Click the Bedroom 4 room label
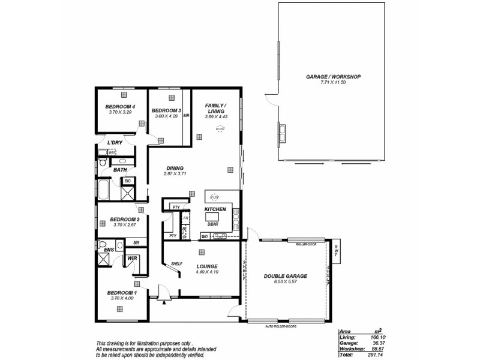121,106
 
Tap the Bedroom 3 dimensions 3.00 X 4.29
166,116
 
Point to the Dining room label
175,168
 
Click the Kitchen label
215,209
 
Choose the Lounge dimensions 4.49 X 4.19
206,272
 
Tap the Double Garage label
286,276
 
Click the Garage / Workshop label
334,77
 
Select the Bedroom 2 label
125,219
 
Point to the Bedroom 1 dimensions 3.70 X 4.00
122,298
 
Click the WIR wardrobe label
133,259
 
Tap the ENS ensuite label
109,250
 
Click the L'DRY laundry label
115,142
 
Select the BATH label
120,170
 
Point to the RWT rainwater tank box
336,252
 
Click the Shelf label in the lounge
176,263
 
